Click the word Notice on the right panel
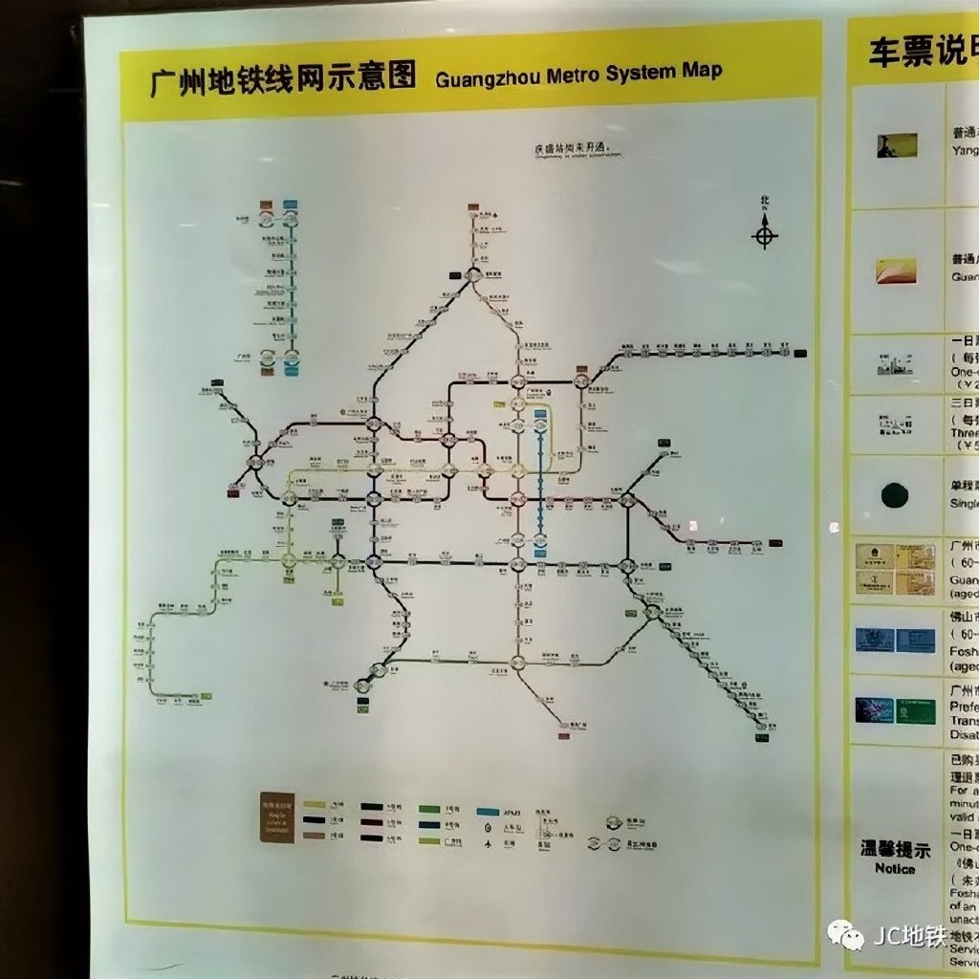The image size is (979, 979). click(x=894, y=869)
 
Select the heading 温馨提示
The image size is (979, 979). click(x=894, y=849)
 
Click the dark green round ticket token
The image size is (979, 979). click(x=895, y=494)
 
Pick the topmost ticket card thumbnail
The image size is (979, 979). click(x=897, y=145)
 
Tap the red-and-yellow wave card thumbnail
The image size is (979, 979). click(x=896, y=271)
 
